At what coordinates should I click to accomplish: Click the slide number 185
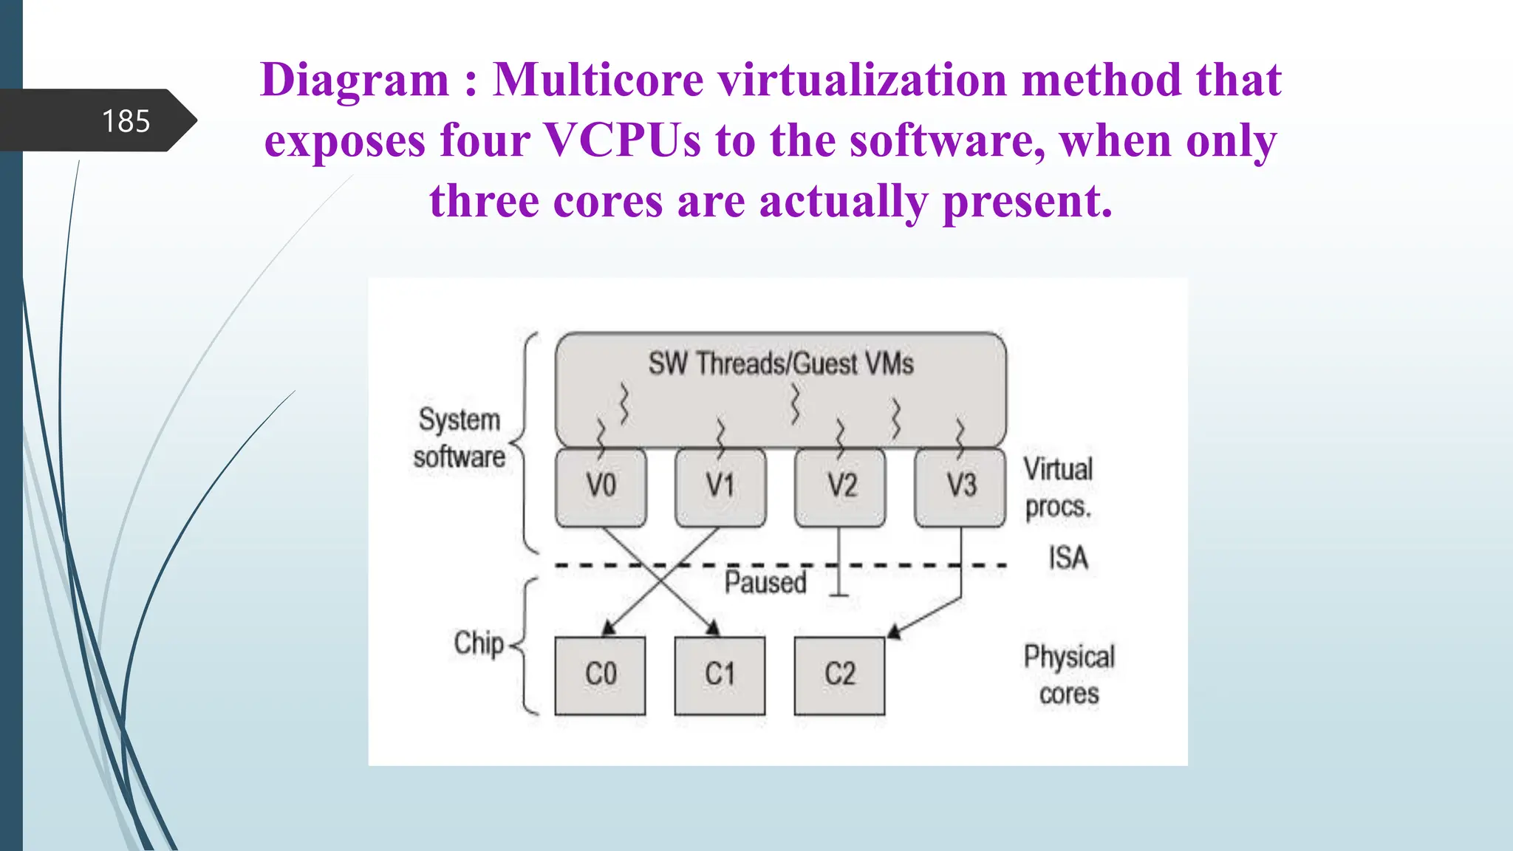(126, 121)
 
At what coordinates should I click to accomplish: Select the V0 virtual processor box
(601, 487)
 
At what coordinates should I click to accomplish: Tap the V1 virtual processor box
(720, 487)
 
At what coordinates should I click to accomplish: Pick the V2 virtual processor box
(840, 487)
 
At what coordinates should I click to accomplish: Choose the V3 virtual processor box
(960, 487)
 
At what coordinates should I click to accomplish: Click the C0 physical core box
(600, 675)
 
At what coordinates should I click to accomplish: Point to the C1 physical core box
(720, 675)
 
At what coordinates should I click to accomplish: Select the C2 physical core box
(839, 675)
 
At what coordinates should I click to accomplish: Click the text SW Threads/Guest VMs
(781, 363)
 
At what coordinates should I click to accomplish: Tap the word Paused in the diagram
(765, 583)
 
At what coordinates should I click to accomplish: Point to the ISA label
(1068, 558)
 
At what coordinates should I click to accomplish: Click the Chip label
(479, 643)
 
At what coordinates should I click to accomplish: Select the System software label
(460, 438)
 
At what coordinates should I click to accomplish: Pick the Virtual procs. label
(1058, 488)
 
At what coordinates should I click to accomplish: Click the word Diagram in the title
(355, 80)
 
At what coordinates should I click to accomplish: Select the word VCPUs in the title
(622, 140)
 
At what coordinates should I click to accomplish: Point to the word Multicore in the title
(598, 80)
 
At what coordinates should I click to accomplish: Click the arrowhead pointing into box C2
(895, 631)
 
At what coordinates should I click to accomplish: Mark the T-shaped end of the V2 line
(839, 594)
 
